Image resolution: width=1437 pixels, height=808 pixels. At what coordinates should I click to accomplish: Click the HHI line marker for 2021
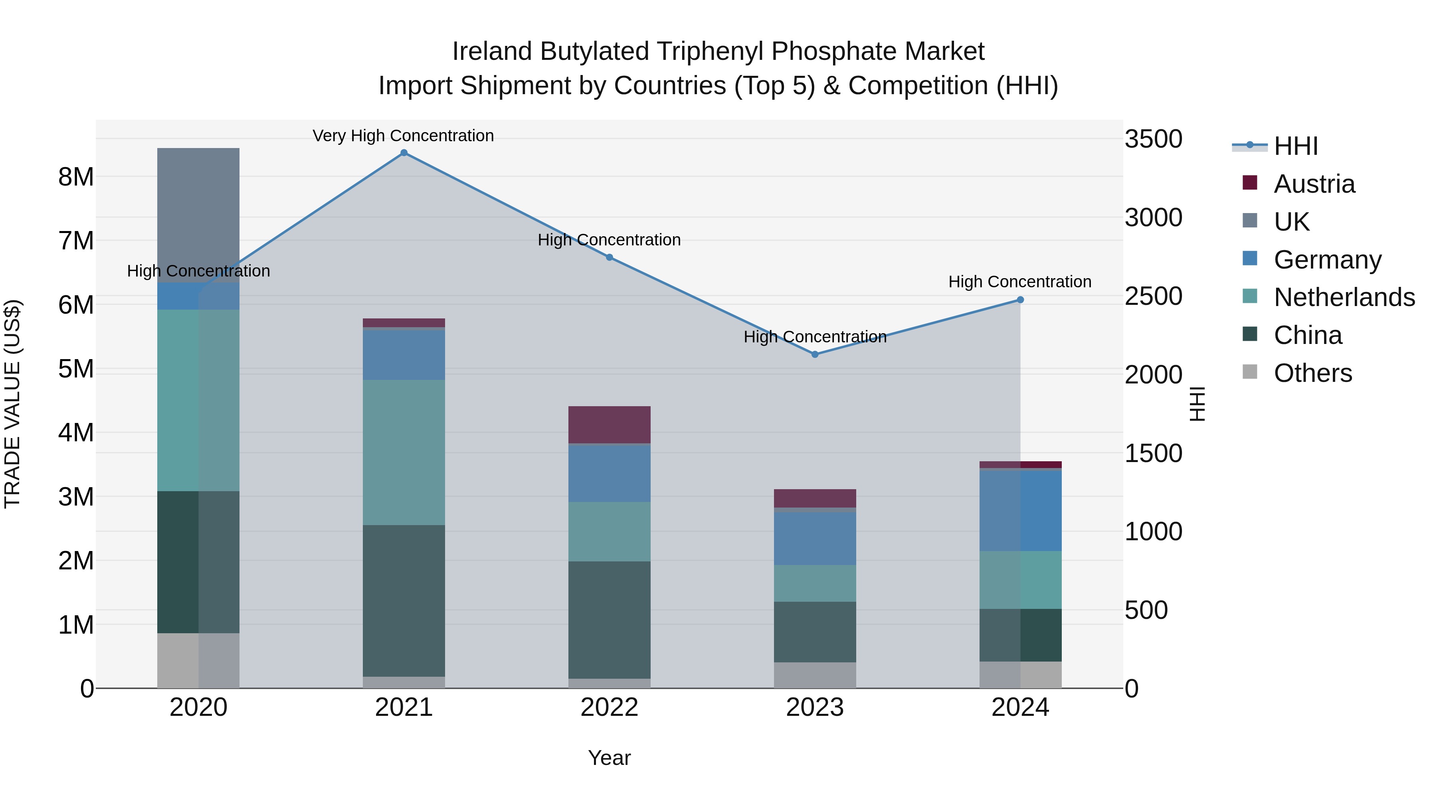pyautogui.click(x=404, y=153)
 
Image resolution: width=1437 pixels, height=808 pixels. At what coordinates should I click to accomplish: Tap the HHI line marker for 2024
pyautogui.click(x=1020, y=299)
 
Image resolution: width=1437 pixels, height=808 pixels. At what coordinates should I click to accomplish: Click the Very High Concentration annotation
pyautogui.click(x=403, y=136)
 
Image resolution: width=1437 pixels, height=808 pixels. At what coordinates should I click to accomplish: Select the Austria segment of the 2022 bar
pyautogui.click(x=609, y=425)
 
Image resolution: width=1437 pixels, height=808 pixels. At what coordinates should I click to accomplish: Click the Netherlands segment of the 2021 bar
pyautogui.click(x=404, y=452)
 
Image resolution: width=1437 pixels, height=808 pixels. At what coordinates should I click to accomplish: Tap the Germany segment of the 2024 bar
pyautogui.click(x=1020, y=510)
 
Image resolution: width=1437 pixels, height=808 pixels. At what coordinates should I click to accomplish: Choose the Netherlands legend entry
pyautogui.click(x=1344, y=297)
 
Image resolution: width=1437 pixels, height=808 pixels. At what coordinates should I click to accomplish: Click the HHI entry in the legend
pyautogui.click(x=1295, y=146)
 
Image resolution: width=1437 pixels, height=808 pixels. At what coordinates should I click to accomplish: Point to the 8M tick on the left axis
pyautogui.click(x=76, y=177)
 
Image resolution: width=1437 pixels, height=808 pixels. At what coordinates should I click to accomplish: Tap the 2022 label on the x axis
pyautogui.click(x=609, y=707)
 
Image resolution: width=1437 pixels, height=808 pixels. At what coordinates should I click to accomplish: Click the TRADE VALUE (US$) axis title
pyautogui.click(x=12, y=404)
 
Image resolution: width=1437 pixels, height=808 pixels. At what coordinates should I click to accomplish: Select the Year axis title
pyautogui.click(x=609, y=758)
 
